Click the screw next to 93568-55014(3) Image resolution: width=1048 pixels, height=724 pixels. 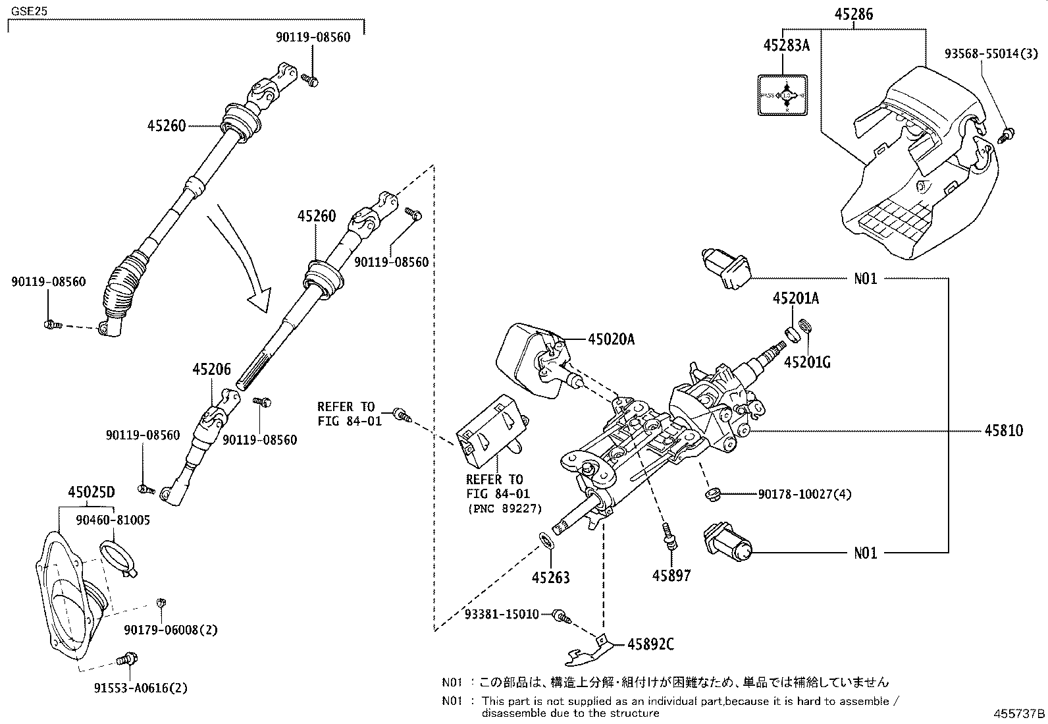tap(1005, 136)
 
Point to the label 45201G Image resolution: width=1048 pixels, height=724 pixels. tap(806, 362)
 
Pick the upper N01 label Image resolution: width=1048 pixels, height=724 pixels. tap(866, 279)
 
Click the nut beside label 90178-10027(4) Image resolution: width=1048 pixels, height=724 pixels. tap(712, 493)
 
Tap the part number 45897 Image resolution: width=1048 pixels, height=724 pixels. tap(671, 576)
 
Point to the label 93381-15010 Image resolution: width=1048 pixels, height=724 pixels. tap(501, 614)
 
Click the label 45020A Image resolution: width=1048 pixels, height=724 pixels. tap(611, 339)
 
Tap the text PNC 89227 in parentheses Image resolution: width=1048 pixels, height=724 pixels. tap(504, 509)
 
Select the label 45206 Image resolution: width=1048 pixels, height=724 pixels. tap(211, 370)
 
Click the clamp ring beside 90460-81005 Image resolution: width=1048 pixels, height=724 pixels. tap(117, 555)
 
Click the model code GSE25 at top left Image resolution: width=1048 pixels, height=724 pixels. tap(24, 11)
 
